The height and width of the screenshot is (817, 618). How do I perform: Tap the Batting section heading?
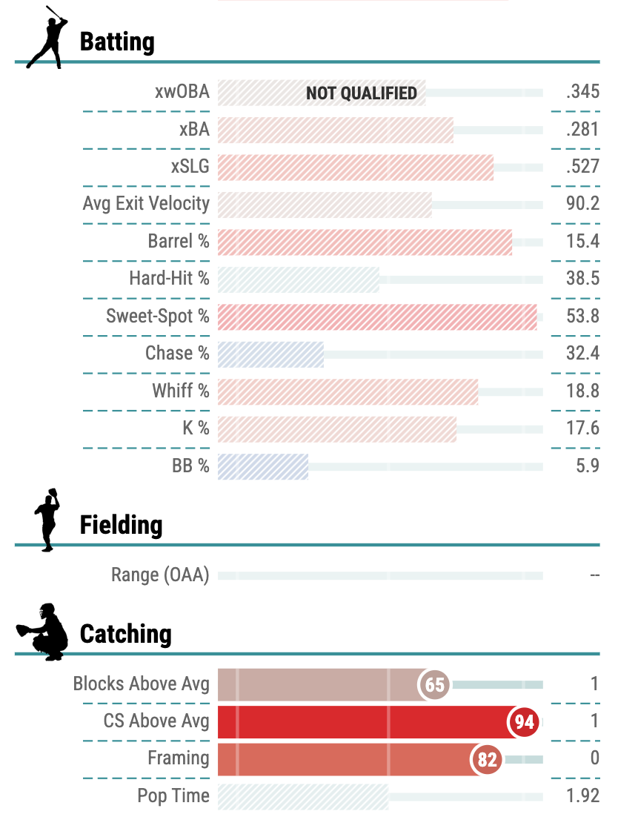117,42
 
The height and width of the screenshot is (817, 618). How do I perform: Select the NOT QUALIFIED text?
362,93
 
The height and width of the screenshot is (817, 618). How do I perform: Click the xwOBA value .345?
582,92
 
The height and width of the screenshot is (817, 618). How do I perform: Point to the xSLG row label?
190,167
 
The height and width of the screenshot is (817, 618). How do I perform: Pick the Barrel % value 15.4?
582,242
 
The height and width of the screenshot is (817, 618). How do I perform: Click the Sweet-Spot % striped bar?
377,317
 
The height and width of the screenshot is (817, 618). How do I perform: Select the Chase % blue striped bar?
271,354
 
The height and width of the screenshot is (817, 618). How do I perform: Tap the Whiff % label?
181,391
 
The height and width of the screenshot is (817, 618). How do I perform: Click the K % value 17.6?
582,429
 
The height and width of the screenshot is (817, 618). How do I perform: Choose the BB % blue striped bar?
263,466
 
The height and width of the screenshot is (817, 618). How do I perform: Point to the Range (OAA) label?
160,575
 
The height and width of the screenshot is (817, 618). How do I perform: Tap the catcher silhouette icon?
44,632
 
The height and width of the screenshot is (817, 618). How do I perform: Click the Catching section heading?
125,635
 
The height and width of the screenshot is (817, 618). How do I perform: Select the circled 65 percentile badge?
435,684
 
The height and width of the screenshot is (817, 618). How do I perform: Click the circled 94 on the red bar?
525,721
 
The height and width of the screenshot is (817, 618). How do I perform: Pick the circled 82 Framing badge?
487,758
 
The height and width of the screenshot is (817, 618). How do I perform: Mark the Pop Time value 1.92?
582,797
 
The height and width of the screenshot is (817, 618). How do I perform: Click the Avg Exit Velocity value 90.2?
582,204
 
